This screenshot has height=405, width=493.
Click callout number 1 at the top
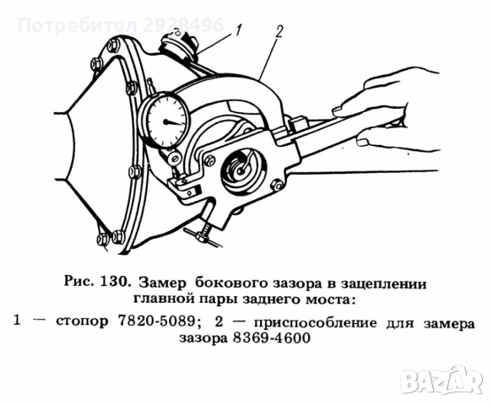[238, 33]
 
